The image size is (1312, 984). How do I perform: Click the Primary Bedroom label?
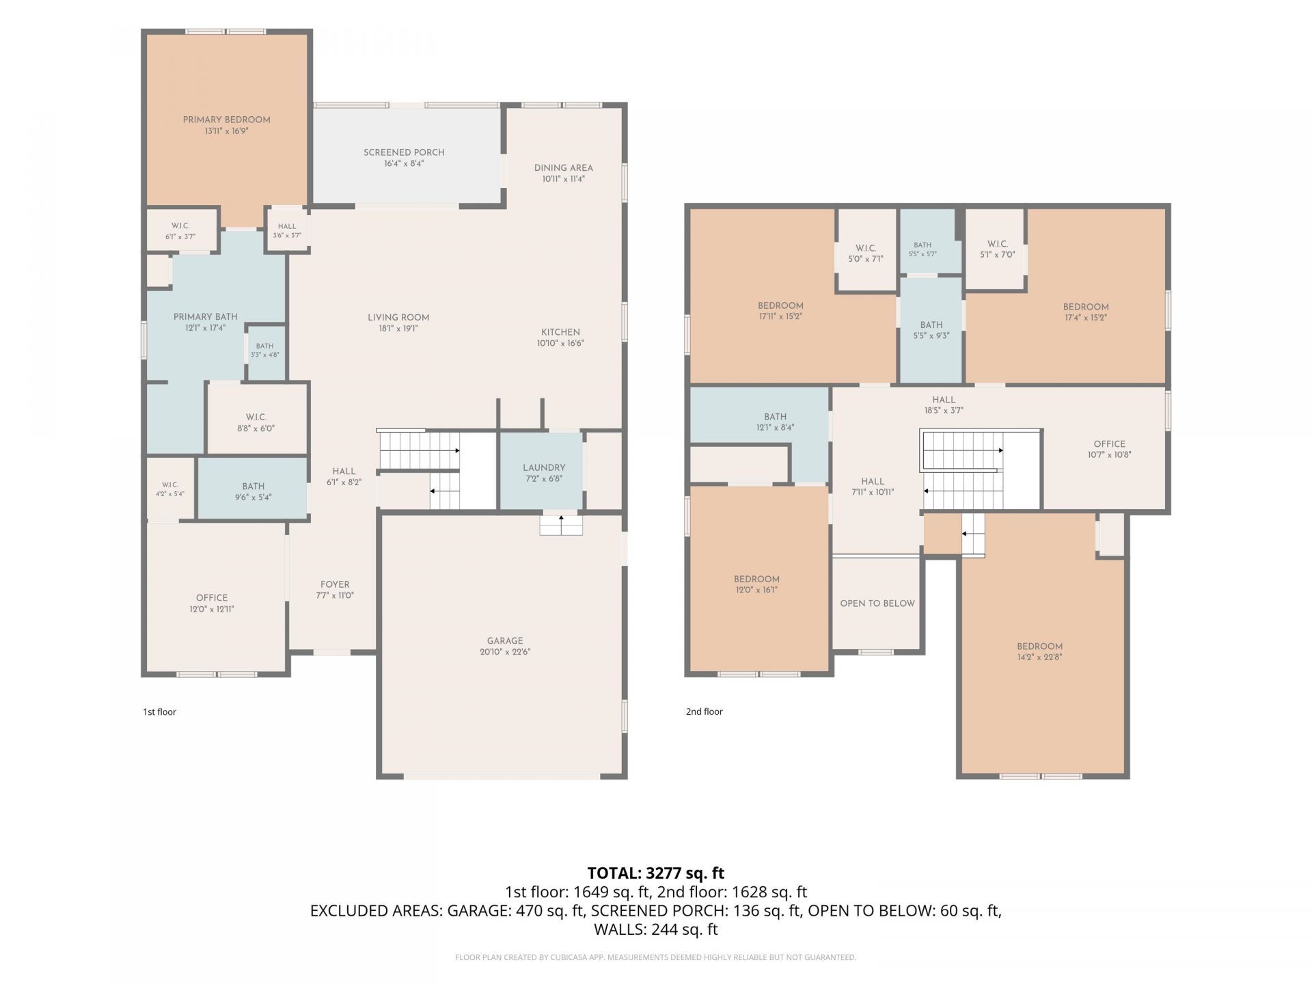click(x=226, y=120)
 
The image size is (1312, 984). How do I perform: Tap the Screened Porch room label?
click(x=404, y=152)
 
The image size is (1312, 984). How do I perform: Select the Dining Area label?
click(x=564, y=167)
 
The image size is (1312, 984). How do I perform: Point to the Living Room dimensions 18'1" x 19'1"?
click(x=398, y=329)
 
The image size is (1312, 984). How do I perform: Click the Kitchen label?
click(x=561, y=332)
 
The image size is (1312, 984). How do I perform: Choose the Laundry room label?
click(x=545, y=468)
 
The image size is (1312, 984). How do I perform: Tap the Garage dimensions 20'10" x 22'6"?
click(x=505, y=652)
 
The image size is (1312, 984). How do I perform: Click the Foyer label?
click(x=335, y=584)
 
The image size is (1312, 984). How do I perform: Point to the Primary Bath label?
click(x=206, y=316)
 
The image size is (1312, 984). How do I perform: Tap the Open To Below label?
click(x=877, y=603)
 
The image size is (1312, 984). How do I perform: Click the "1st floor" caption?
click(x=159, y=711)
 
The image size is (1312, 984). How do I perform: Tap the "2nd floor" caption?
click(x=705, y=711)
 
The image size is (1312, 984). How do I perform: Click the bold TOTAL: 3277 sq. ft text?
click(x=656, y=873)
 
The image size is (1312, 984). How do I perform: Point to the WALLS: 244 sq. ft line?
click(x=656, y=929)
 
